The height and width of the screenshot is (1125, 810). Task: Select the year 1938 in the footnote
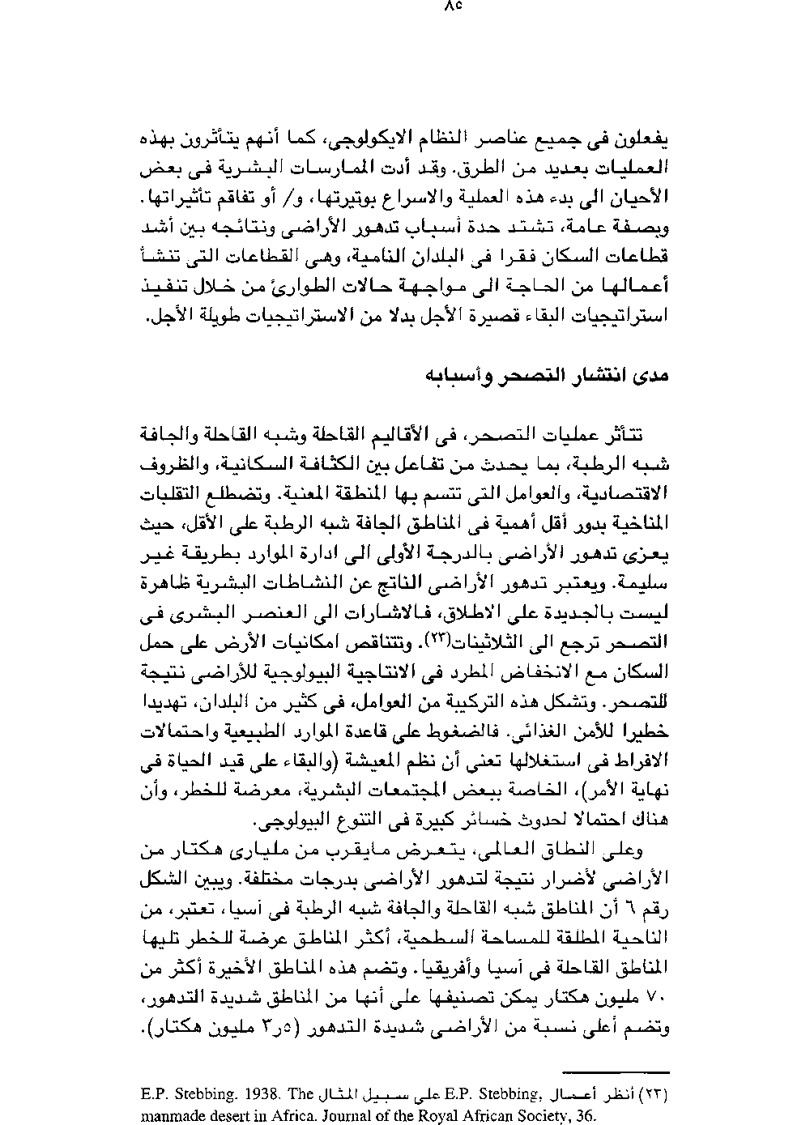click(x=238, y=1093)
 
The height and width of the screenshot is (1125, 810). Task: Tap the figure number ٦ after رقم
click(x=642, y=909)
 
